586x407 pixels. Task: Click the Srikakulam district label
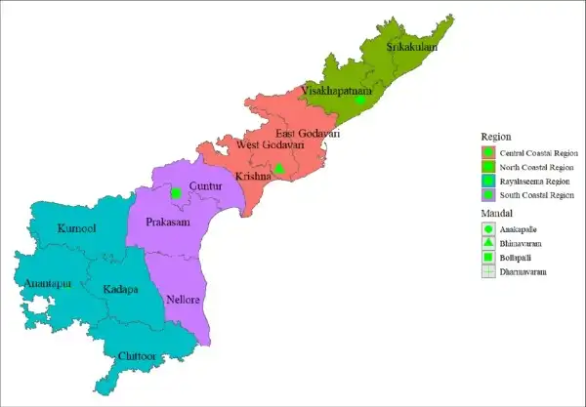point(411,46)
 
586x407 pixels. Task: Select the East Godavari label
point(308,134)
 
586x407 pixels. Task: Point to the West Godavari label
point(271,145)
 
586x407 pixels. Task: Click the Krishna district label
point(253,176)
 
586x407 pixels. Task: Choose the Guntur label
point(205,184)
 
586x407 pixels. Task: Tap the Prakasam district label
point(167,223)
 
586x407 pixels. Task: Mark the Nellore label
point(185,299)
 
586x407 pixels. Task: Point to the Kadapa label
point(120,291)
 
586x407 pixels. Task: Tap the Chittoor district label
point(136,357)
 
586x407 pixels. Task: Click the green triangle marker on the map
point(278,169)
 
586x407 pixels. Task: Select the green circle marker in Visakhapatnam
point(360,100)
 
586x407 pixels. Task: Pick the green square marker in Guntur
point(176,193)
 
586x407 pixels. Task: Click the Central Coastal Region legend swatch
point(488,153)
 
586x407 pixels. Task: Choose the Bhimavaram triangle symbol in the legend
point(488,241)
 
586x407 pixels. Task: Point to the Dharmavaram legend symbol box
point(488,271)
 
